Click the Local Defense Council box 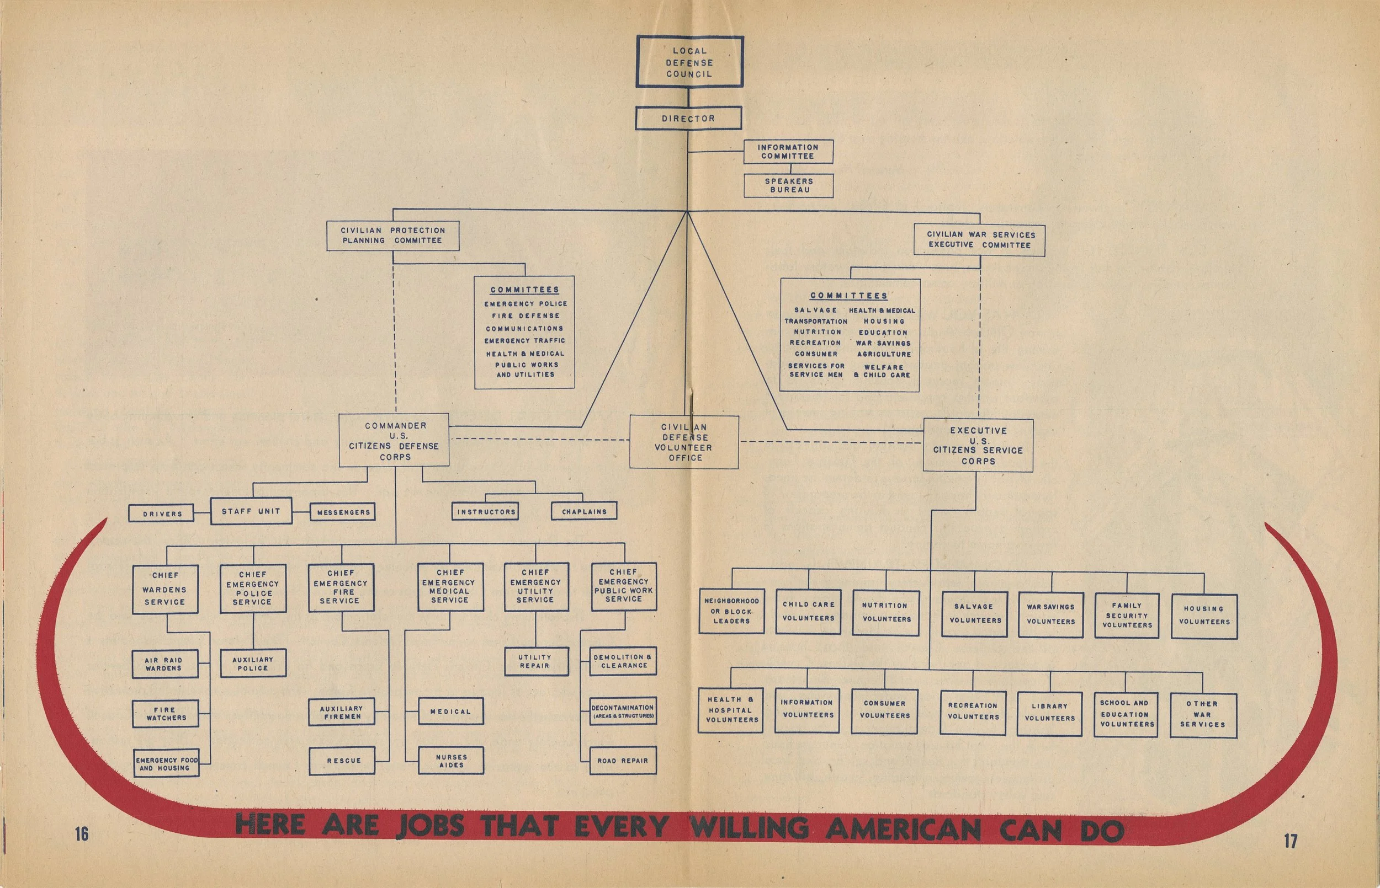(689, 62)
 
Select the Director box (688, 119)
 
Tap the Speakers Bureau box (788, 185)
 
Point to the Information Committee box (788, 152)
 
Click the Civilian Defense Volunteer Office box (684, 442)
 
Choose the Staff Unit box (251, 511)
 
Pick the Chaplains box (584, 511)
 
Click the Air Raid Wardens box (164, 664)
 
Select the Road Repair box (623, 761)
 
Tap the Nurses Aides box (450, 761)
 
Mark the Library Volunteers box (1049, 713)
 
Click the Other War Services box (1203, 714)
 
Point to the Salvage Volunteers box (974, 614)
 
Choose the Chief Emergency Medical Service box (450, 586)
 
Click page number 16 (81, 834)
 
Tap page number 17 (1291, 841)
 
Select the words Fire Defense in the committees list (525, 316)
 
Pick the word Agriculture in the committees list (884, 355)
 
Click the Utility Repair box (535, 661)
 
